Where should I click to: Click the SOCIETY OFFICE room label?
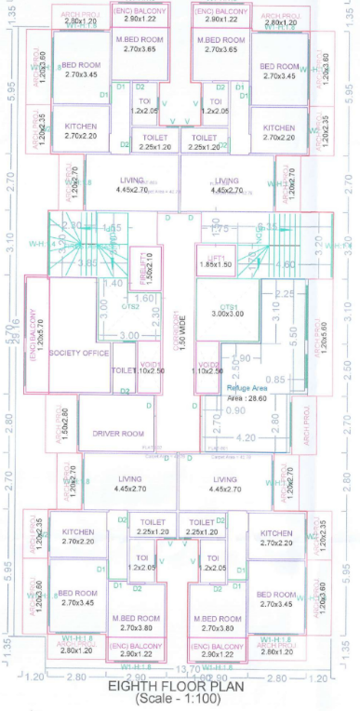[x=79, y=354]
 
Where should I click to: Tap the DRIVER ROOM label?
[x=115, y=433]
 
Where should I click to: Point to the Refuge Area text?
[x=247, y=386]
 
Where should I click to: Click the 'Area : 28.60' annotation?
[x=247, y=396]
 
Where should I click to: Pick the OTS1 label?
[x=227, y=305]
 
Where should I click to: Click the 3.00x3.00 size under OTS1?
[x=227, y=315]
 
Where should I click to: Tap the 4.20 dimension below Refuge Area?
[x=247, y=436]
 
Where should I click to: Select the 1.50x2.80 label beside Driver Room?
[x=64, y=422]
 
